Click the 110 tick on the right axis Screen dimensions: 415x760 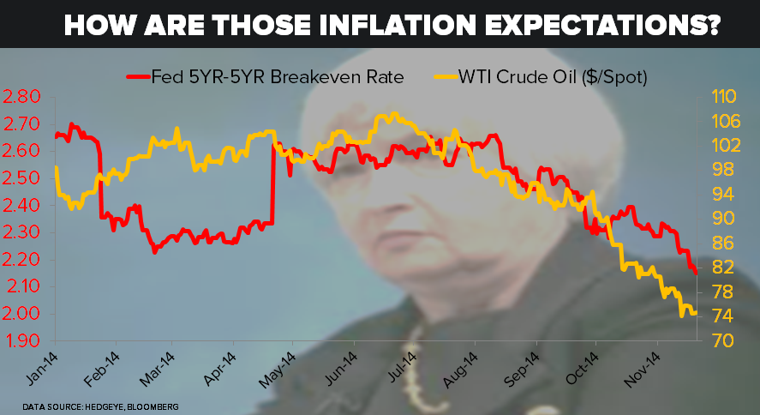click(725, 96)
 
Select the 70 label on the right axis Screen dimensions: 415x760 click(721, 341)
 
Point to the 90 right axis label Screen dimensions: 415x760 click(721, 219)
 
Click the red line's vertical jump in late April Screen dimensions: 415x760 click(272, 184)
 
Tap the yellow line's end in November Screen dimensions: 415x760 click(694, 313)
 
